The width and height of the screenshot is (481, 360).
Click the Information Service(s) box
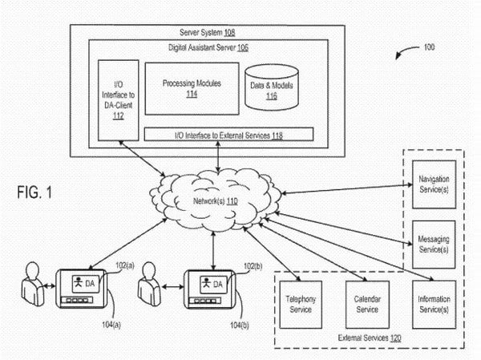pyautogui.click(x=434, y=305)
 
